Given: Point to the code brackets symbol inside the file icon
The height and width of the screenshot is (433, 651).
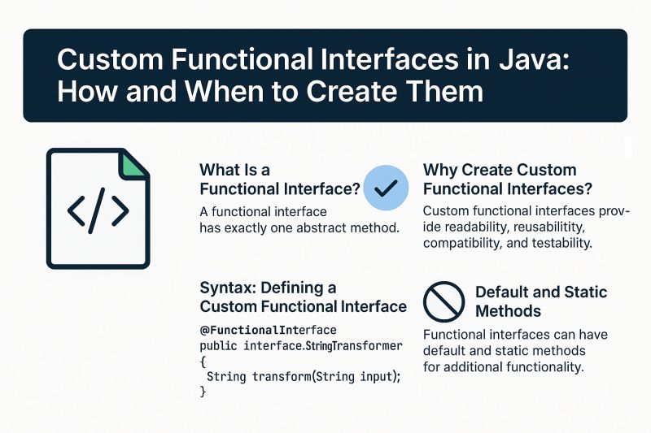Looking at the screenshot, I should [98, 211].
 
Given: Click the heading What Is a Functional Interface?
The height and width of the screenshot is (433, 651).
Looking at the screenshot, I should [279, 180].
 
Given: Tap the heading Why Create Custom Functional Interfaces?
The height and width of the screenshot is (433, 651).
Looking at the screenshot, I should [507, 180].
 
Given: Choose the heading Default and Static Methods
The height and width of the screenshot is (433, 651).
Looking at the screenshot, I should [540, 301].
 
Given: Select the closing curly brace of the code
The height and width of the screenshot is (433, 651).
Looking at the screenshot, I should [203, 392].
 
